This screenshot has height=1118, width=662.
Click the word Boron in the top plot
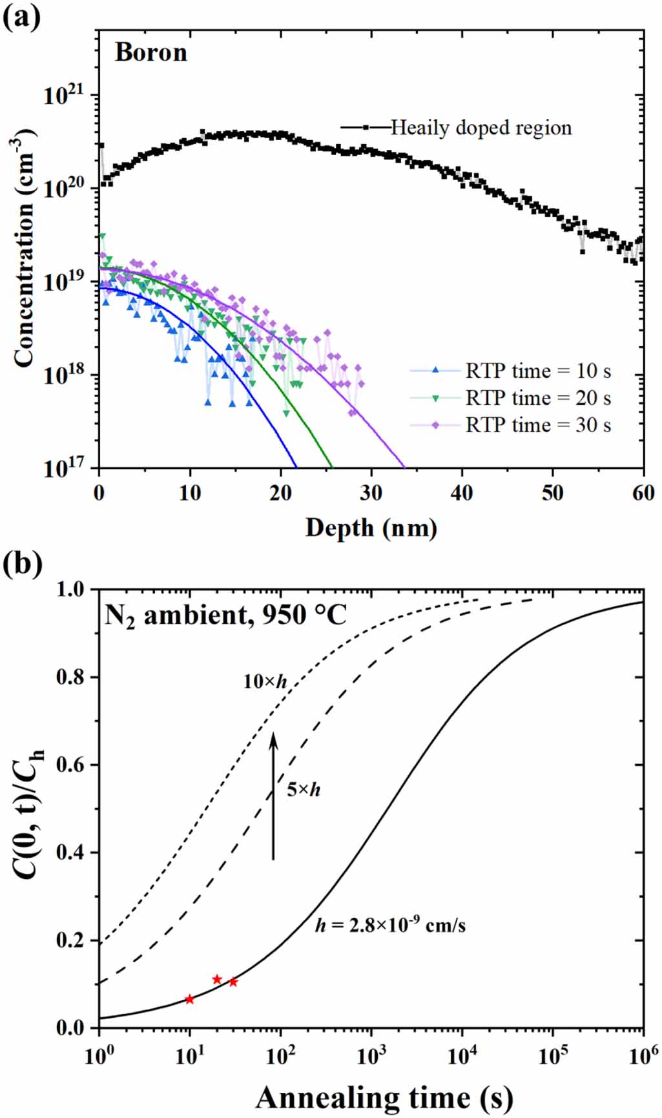tap(151, 52)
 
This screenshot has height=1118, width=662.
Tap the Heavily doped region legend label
tap(481, 128)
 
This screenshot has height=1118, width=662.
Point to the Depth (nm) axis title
tap(371, 528)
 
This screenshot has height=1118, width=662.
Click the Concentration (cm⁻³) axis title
tap(24, 249)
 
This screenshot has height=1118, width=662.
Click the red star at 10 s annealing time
tap(189, 999)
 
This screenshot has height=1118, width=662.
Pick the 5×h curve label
tap(303, 789)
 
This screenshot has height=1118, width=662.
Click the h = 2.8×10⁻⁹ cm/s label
tap(390, 924)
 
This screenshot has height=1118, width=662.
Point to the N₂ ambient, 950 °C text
tap(225, 615)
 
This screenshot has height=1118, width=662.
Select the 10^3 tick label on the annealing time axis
tap(371, 1056)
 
